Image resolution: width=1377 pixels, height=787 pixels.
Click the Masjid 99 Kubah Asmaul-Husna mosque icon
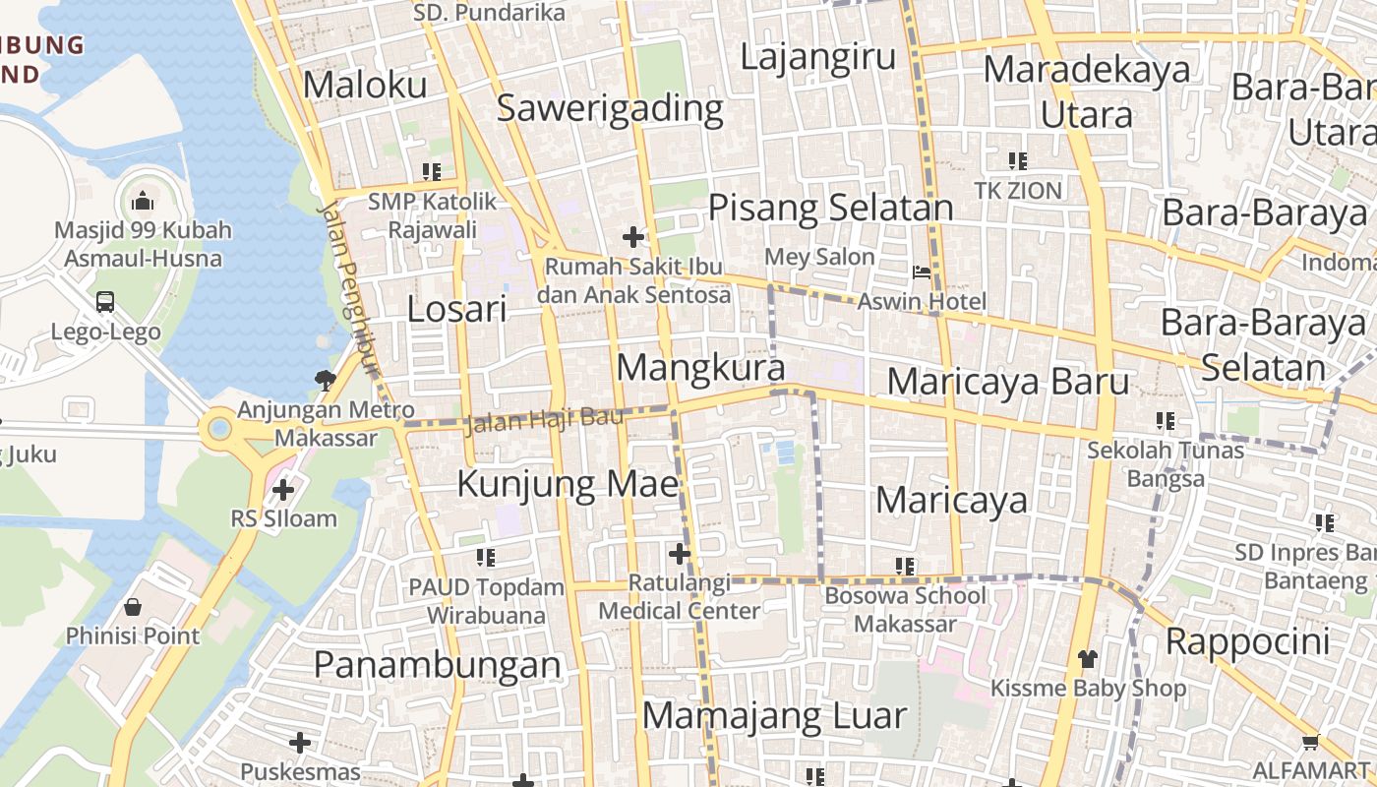143,202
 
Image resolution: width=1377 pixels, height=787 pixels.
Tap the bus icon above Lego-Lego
105,302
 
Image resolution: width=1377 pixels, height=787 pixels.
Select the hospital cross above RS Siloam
283,489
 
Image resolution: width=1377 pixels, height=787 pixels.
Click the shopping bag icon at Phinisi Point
133,607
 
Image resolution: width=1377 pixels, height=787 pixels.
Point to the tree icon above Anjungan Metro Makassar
325,379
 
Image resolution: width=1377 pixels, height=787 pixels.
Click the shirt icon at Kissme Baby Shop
1087,658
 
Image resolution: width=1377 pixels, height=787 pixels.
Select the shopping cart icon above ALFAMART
1309,742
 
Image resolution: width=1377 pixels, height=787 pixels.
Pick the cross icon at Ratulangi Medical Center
679,554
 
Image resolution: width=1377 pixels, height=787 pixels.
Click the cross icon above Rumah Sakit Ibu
633,237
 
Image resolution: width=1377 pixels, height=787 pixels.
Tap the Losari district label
457,310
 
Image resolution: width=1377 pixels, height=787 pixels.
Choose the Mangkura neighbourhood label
700,368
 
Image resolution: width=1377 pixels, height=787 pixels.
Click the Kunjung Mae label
569,484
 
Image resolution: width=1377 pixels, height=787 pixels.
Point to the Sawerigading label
610,107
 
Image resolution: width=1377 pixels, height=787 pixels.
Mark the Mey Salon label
820,258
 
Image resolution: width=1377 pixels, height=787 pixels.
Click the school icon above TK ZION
1018,160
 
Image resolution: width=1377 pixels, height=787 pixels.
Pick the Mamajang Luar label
774,715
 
